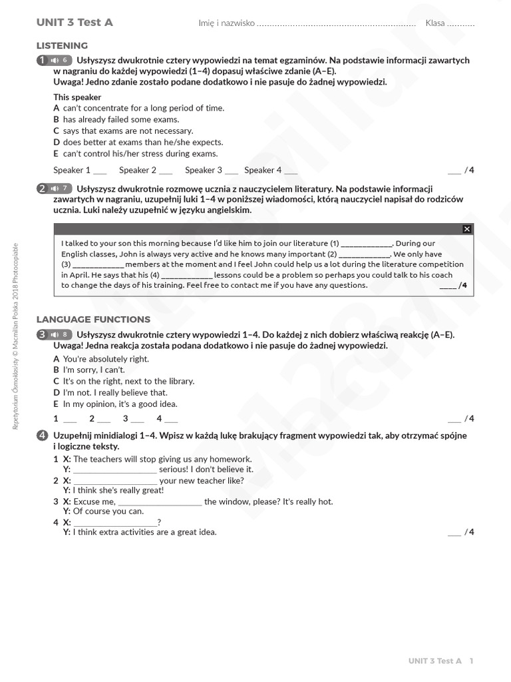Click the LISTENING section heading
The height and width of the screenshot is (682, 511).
click(62, 46)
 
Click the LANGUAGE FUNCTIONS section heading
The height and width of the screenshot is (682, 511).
click(93, 320)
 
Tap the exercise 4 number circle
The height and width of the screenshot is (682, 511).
click(42, 436)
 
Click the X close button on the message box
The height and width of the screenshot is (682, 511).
click(466, 229)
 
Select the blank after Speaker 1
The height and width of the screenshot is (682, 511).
click(100, 170)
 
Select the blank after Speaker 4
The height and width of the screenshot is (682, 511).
click(291, 170)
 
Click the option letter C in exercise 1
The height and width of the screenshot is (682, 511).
click(57, 131)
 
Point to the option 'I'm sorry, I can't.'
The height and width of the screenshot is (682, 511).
click(93, 370)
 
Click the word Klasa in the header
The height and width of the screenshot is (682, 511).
click(435, 23)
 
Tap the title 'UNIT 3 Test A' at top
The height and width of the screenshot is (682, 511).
click(75, 23)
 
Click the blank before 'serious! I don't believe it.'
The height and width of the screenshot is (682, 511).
click(114, 470)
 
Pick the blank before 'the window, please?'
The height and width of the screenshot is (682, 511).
click(160, 502)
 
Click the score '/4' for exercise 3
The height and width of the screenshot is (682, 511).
click(469, 419)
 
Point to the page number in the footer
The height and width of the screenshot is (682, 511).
click(471, 661)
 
